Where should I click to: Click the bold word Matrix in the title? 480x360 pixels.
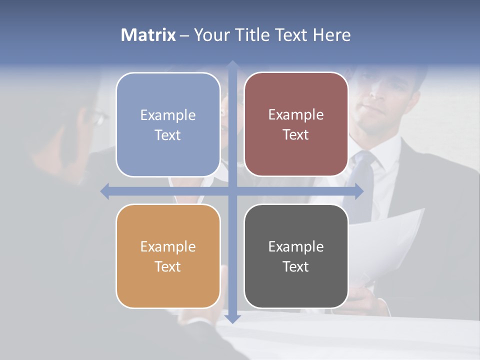click(x=148, y=35)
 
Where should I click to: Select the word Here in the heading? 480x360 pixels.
click(x=332, y=35)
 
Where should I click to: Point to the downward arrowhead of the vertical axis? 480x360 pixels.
click(x=232, y=318)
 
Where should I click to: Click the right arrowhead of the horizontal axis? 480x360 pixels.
click(x=359, y=191)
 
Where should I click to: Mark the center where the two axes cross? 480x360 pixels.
click(x=232, y=191)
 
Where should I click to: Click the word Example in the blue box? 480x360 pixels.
click(x=168, y=115)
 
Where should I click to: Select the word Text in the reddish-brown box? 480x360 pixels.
click(x=296, y=135)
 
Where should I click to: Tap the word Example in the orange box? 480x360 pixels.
click(x=168, y=247)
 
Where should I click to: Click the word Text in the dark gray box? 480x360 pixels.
click(x=296, y=267)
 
